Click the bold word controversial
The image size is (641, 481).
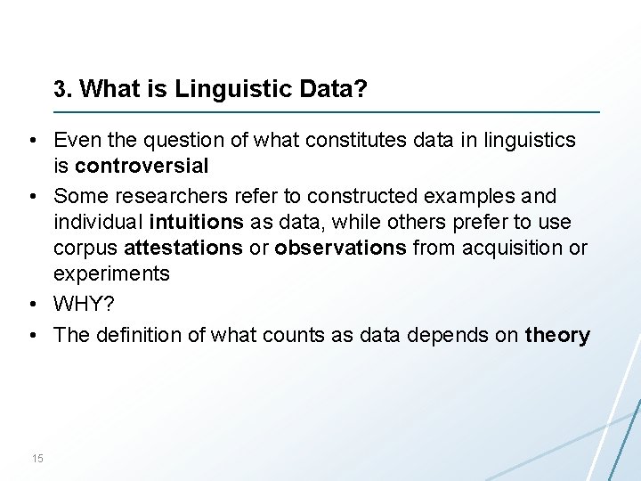pyautogui.click(x=142, y=166)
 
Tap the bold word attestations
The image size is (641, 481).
pyautogui.click(x=183, y=248)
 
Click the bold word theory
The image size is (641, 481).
pyautogui.click(x=557, y=335)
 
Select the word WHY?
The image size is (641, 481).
pyautogui.click(x=84, y=305)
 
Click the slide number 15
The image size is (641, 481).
pyautogui.click(x=37, y=459)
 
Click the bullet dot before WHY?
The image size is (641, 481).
pyautogui.click(x=31, y=306)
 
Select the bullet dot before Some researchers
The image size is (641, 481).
pyautogui.click(x=31, y=196)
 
